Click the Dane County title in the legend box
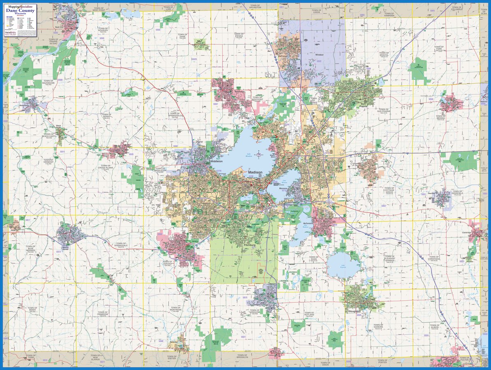click(x=20, y=10)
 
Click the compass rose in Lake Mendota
click(x=258, y=155)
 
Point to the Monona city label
click(x=283, y=188)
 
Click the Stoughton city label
click(x=354, y=312)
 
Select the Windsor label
click(x=320, y=54)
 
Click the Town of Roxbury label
click(x=102, y=30)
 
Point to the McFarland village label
click(x=308, y=223)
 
